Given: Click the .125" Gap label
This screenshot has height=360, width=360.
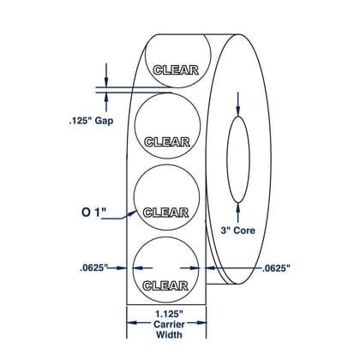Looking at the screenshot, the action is click(x=91, y=121).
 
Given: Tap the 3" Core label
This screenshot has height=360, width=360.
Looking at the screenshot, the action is click(x=237, y=231).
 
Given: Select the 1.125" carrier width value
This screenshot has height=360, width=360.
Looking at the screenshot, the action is click(x=169, y=315).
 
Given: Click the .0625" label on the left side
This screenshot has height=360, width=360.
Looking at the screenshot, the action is click(x=93, y=268).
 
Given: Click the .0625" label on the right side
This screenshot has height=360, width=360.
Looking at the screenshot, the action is click(x=276, y=268).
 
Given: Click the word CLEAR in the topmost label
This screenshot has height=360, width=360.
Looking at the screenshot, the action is click(x=176, y=69).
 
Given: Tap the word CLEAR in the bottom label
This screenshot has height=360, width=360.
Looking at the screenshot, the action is click(x=165, y=285).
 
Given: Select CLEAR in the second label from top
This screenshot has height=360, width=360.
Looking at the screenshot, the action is click(x=167, y=141).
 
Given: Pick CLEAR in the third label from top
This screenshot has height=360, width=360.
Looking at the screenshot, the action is click(x=165, y=213).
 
